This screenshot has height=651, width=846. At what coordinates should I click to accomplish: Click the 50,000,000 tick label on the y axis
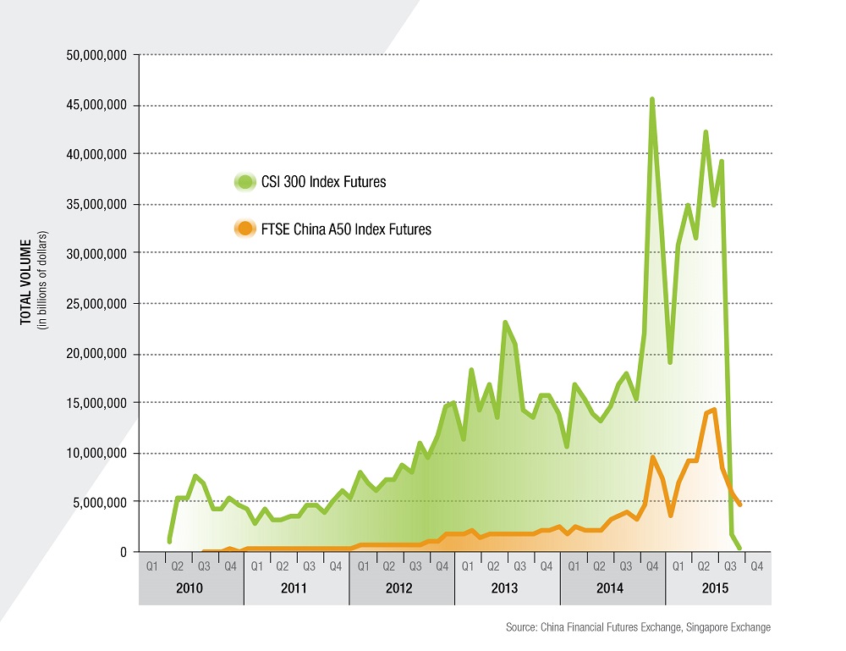(x=96, y=56)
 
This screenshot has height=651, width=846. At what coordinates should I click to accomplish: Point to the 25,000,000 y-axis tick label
(x=96, y=304)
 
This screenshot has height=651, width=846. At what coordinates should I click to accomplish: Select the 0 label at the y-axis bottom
(x=124, y=552)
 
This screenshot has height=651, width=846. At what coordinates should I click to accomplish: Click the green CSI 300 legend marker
(x=244, y=182)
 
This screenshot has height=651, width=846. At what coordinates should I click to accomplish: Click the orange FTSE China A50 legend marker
(x=244, y=229)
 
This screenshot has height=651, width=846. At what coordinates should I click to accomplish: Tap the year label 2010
(x=190, y=588)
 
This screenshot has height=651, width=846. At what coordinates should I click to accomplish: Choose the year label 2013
(x=507, y=588)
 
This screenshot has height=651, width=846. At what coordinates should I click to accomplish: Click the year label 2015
(x=717, y=588)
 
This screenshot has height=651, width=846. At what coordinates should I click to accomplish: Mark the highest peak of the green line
(x=651, y=99)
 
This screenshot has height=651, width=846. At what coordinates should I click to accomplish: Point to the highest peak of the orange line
(x=715, y=410)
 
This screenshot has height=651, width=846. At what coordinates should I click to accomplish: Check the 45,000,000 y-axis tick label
(x=96, y=106)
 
